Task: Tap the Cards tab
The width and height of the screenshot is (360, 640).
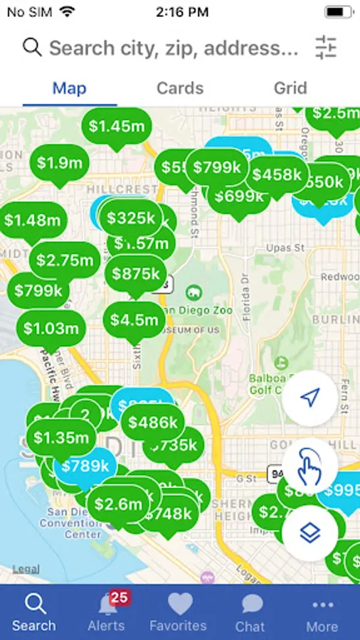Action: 180,89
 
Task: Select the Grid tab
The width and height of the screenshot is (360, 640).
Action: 290,89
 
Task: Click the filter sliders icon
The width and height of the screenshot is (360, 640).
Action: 325,47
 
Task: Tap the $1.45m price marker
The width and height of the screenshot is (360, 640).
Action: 117,127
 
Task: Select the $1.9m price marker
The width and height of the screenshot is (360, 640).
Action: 60,163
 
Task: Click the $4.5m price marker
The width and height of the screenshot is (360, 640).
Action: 134,319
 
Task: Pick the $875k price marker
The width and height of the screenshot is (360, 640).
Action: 136,274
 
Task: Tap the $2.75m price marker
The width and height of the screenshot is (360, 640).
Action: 65,260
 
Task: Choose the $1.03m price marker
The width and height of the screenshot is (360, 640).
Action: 51,329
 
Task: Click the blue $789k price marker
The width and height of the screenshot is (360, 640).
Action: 85,466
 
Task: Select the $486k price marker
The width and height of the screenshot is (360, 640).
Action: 153,423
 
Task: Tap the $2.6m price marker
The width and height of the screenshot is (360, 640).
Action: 118,504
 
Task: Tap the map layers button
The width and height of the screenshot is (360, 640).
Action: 309,533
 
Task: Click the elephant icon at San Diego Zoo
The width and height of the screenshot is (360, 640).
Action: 192,292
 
